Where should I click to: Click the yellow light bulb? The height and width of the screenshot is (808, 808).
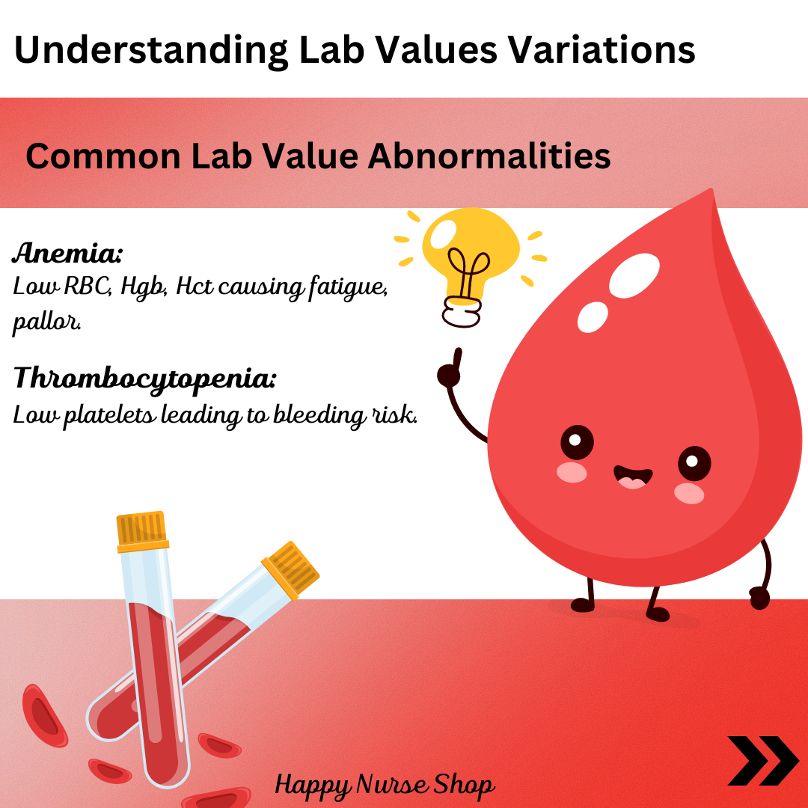470,257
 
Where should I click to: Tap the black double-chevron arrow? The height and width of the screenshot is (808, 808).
762,761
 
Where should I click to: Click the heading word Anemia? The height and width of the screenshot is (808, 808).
67,253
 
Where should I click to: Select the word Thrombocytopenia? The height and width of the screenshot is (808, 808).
145,379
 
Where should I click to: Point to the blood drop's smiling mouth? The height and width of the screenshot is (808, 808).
632,477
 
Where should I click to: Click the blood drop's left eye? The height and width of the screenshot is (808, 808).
577,442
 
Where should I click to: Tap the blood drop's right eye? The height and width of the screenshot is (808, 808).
694,463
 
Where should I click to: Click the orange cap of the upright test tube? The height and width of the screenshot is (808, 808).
141,531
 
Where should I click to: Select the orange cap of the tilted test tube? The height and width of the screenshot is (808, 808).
290,570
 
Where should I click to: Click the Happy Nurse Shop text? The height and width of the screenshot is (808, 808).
385,786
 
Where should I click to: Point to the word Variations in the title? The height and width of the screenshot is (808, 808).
602,50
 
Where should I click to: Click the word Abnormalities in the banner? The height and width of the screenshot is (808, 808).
489,156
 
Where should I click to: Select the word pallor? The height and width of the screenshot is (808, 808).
46,322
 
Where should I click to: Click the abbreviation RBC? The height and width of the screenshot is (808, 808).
88,287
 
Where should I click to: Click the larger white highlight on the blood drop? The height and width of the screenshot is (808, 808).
634,275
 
